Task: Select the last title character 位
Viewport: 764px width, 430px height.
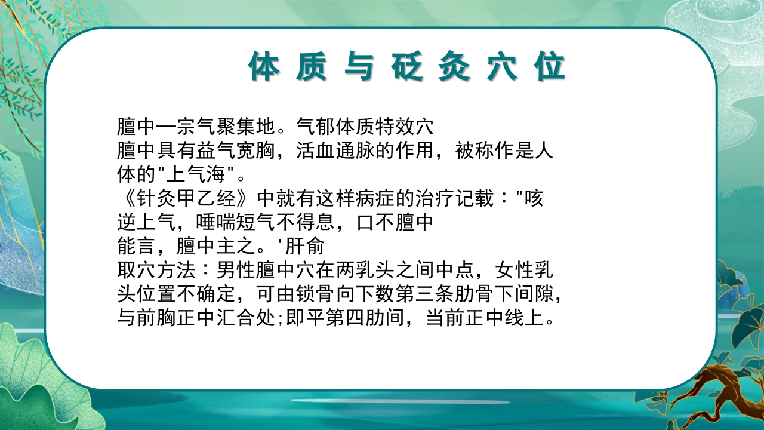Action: point(550,67)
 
